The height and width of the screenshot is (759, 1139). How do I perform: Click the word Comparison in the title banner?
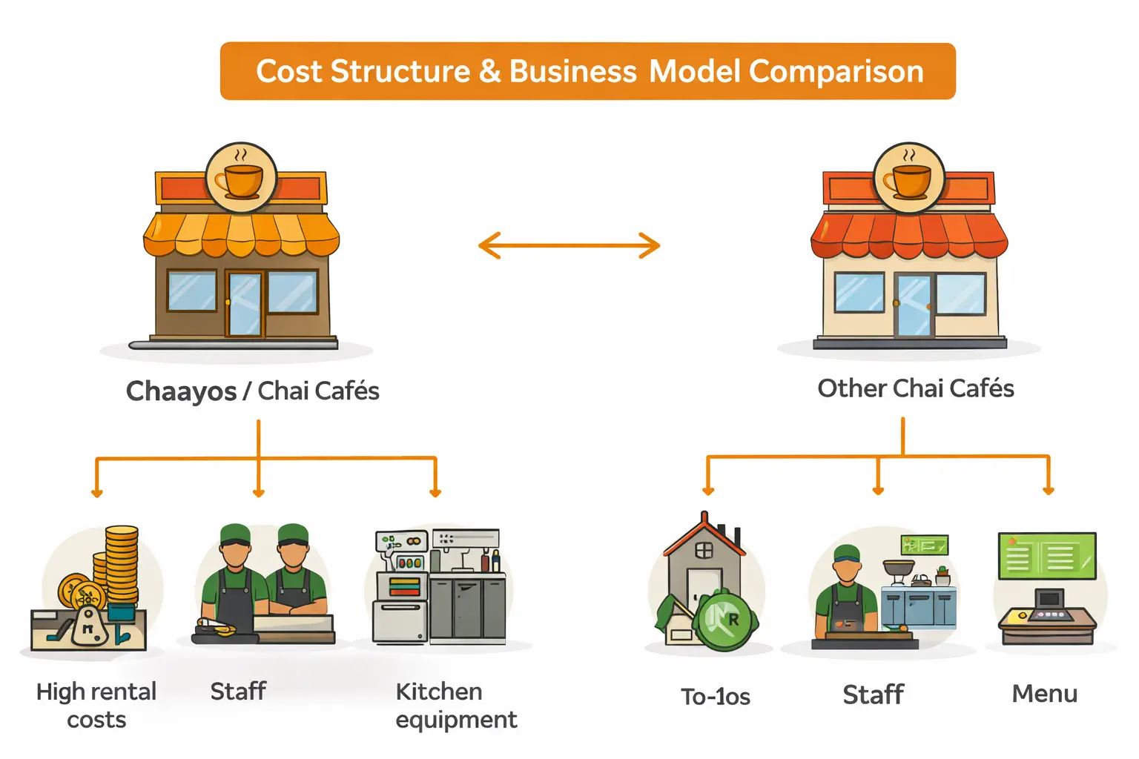coord(836,72)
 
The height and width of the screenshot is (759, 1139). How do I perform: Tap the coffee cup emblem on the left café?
coord(240,179)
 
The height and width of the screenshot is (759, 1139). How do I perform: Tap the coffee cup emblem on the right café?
coord(909,179)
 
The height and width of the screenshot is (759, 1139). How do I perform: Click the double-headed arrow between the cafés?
coord(569,245)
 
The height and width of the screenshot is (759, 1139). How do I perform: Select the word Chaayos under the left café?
coord(181,391)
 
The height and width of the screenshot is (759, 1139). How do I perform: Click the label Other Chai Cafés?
coord(915,388)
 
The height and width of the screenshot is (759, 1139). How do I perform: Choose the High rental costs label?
coord(96,705)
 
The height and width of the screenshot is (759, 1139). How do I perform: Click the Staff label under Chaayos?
coord(238,692)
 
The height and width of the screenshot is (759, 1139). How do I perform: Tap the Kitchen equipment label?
coord(455,705)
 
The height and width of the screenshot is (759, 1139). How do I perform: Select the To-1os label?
coord(715,697)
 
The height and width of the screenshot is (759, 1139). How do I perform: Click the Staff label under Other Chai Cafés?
coord(873,695)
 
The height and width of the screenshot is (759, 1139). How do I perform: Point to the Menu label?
coord(1044,694)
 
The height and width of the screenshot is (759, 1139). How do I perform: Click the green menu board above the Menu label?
coord(1047,555)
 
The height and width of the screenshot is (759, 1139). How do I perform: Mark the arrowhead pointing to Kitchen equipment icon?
coord(435,492)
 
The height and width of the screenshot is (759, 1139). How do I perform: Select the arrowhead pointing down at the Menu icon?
coord(1048,490)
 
